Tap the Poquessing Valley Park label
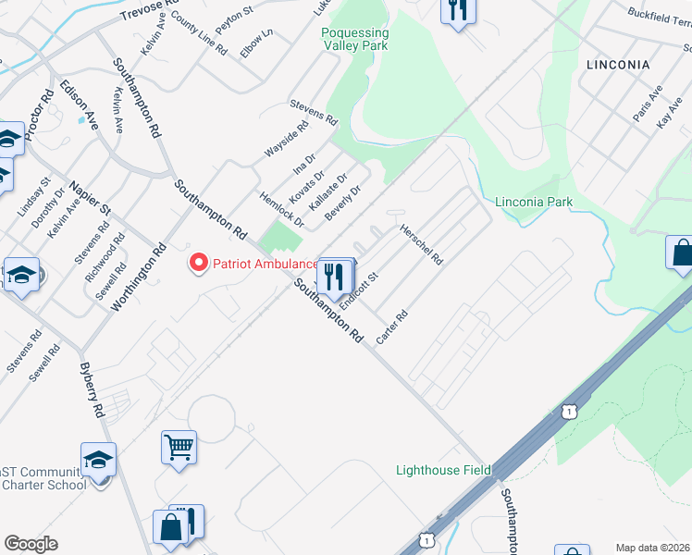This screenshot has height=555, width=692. coord(354,39)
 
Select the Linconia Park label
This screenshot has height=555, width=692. coord(534,202)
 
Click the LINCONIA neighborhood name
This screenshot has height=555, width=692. coord(618,65)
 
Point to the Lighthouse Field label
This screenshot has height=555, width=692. coord(443,470)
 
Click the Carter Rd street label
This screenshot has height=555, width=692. coord(392,328)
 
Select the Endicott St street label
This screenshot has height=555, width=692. coord(360,290)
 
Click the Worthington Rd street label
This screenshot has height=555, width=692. coord(139,277)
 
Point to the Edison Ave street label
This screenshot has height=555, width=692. coord(79,103)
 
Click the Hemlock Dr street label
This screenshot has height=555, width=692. coord(282,205)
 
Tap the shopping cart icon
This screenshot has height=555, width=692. coord(179,448)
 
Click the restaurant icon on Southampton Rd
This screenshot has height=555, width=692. coord(335,274)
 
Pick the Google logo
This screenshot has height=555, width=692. coord(31,544)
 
